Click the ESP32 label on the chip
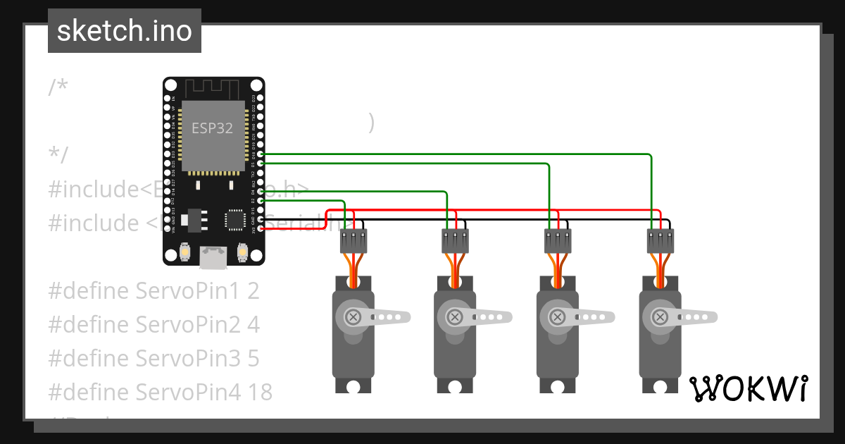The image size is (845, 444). coord(212,129)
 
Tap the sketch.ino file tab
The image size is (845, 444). coord(125,31)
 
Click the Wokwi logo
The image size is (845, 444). coord(748,388)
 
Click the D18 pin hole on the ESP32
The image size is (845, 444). coord(261,154)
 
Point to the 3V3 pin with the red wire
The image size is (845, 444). coord(261,228)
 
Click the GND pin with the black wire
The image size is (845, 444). coord(261,219)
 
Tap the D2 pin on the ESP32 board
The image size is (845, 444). coord(261,200)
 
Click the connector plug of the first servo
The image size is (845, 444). coord(353,242)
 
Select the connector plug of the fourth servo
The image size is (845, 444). coord(660,242)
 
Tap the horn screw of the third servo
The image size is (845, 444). coord(558,317)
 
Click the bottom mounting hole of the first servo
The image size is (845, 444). coord(353,386)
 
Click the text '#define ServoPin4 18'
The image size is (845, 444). coord(160,392)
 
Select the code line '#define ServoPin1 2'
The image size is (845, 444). coord(154,290)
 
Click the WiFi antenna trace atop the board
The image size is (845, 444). coord(213,89)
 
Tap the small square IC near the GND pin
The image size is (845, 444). coord(234,219)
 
